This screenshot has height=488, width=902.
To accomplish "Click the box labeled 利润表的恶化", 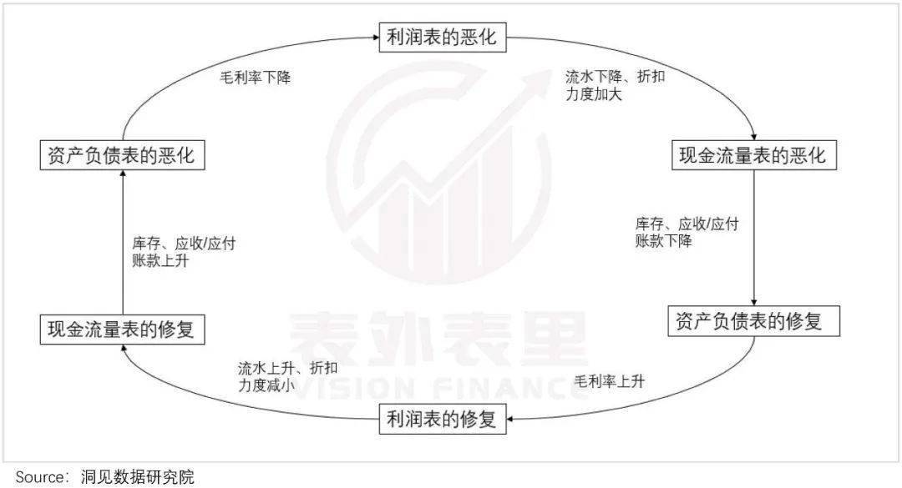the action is coord(443,38).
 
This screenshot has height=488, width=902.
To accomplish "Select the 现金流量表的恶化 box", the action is coord(754,155).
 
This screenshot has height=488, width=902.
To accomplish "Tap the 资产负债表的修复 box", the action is coord(753,321).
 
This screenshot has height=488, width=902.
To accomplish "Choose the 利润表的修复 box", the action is coord(443,419).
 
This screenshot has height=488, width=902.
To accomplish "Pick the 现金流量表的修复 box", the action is coord(123,330).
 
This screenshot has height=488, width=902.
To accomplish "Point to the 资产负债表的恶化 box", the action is coord(123,155).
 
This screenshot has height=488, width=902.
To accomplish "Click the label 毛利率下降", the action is coord(256,77).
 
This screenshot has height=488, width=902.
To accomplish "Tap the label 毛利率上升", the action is coord(609,381).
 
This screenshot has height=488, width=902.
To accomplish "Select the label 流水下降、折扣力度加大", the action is coord(615,85).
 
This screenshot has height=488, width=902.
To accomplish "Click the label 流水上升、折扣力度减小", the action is coord(287,376).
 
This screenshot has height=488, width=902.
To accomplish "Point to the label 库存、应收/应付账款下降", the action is coord(687,232).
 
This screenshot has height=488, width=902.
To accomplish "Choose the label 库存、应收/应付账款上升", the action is coord(184,252).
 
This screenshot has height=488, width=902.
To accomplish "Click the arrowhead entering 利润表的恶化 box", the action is coord(375,38).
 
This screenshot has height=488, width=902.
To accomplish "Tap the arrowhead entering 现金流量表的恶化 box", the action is coord(754,137).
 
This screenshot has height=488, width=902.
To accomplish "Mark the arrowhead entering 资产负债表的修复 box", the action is coord(754,302).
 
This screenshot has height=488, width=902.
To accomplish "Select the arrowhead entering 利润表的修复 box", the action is coord(510,419).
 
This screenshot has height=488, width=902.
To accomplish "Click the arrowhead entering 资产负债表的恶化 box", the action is coord(123,174).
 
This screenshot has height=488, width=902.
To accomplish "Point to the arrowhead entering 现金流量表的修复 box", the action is coord(123,349).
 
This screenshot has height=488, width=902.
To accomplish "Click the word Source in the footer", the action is coord(40,476).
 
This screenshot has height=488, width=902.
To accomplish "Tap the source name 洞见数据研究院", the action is coord(138,476).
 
